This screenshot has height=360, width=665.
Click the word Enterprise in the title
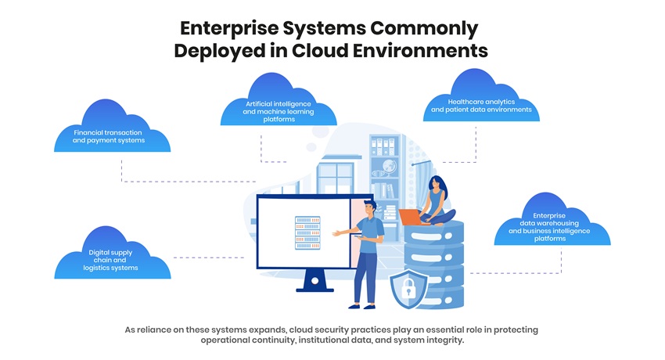[x=226, y=29]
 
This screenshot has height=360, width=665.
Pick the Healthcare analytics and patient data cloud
[x=481, y=101]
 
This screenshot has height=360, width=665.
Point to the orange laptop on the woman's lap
[x=410, y=217]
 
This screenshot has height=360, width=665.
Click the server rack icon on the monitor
[x=307, y=233]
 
